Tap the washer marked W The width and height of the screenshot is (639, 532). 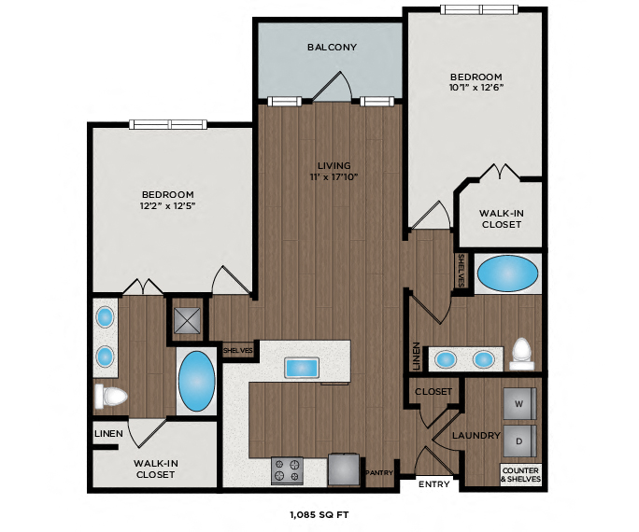(519, 403)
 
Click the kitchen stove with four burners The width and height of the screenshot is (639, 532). (287, 469)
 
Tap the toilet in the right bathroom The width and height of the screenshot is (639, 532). (521, 352)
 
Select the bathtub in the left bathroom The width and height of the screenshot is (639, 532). (196, 381)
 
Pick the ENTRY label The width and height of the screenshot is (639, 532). (433, 484)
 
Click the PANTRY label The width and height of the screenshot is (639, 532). (378, 472)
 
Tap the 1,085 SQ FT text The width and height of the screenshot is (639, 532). (320, 513)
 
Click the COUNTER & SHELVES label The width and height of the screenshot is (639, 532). (520, 474)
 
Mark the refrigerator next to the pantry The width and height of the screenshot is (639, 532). (345, 469)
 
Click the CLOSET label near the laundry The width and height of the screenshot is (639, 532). (433, 391)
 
